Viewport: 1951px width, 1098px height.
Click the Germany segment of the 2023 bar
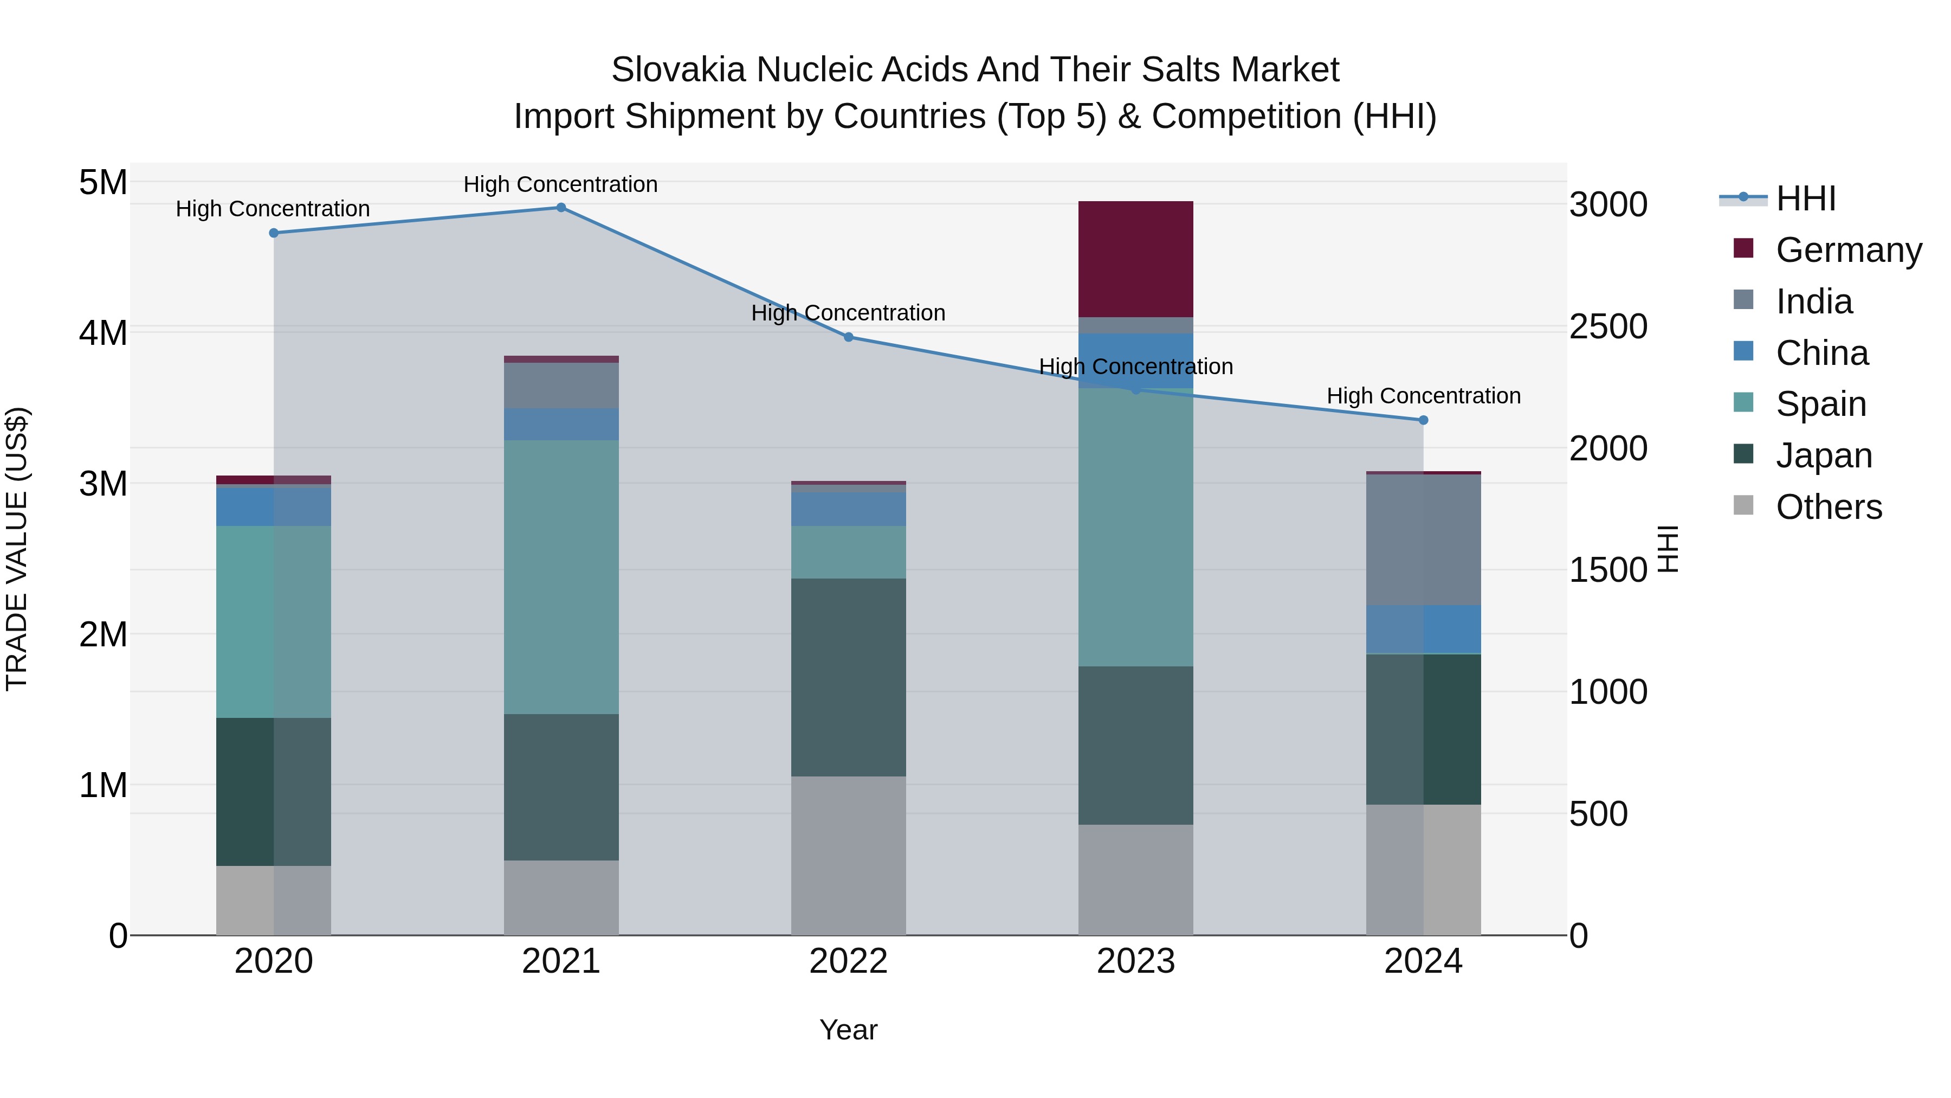(x=1135, y=259)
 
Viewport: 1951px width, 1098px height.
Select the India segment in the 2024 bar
(x=1423, y=540)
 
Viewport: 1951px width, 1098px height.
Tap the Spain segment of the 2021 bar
(x=561, y=577)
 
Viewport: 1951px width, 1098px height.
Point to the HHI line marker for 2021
(x=561, y=208)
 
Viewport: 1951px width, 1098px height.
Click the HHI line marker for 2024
(x=1423, y=420)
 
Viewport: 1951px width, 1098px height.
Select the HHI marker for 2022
(x=848, y=337)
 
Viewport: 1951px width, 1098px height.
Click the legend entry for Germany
(x=1848, y=250)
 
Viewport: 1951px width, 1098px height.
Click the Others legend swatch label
(x=1829, y=507)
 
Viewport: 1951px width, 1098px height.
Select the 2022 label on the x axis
(x=848, y=961)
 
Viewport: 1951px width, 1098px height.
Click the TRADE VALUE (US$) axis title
(x=17, y=549)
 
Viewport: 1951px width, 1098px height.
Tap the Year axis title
(x=848, y=1030)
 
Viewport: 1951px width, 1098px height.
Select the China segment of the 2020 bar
(x=274, y=506)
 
